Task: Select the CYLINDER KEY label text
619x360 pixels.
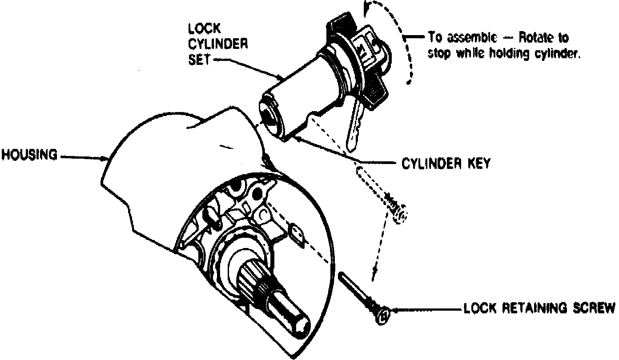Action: [446, 164]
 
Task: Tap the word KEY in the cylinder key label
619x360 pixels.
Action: [478, 164]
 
